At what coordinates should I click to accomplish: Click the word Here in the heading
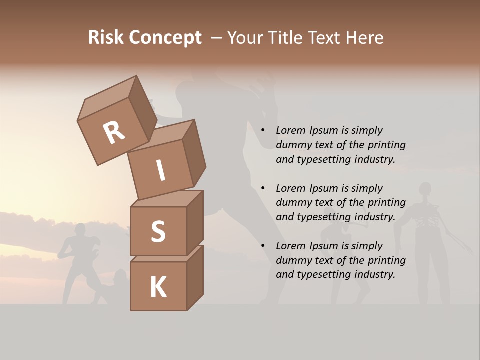click(364, 38)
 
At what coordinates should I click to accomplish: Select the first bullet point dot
click(263, 130)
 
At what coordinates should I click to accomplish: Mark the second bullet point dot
click(263, 188)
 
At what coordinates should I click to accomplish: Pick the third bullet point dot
click(263, 246)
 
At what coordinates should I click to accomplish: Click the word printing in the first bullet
click(386, 145)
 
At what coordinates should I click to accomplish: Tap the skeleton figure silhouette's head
click(425, 189)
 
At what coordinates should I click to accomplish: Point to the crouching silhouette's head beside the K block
click(120, 275)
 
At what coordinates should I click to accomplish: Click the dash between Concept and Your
click(216, 38)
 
